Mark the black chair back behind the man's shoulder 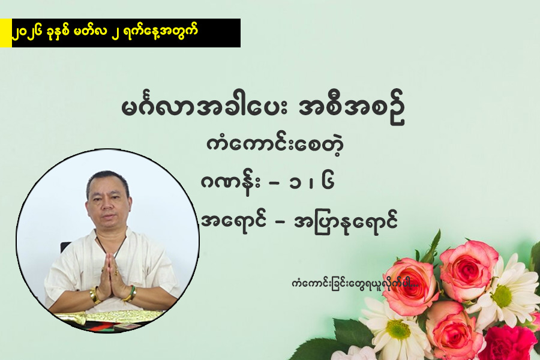tap(65, 247)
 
